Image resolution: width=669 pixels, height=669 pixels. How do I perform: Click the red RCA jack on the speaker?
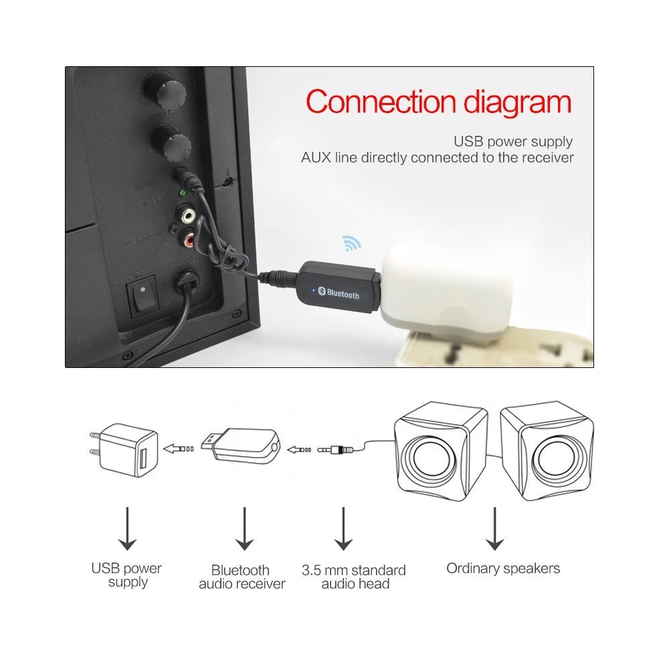(x=195, y=237)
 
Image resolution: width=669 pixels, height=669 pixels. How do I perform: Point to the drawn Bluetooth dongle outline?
(x=244, y=445)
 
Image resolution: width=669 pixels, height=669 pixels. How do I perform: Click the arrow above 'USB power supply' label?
(x=127, y=529)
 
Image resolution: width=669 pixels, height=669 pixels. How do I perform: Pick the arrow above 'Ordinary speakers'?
(x=495, y=529)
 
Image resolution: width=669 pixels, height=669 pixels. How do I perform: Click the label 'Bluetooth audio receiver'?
(x=242, y=577)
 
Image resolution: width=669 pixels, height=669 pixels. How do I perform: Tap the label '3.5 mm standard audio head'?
(x=354, y=577)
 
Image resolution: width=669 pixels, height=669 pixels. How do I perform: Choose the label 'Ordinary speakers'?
(x=503, y=569)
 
